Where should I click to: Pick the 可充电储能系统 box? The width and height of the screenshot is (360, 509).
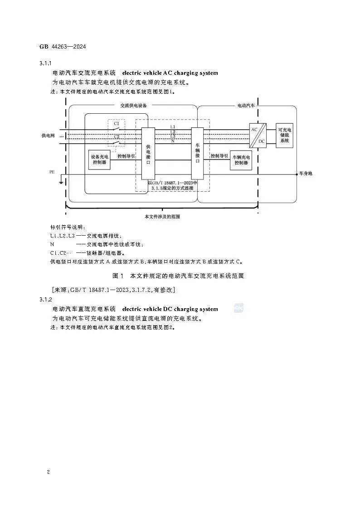(x=284, y=136)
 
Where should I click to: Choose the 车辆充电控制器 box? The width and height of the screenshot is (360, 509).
(x=241, y=160)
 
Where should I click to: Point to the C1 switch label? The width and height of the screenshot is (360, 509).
(x=117, y=123)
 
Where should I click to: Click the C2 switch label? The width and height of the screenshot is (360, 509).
(x=117, y=136)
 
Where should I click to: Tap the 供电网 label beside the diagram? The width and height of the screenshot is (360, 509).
(x=47, y=136)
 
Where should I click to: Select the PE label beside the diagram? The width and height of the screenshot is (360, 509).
(x=52, y=172)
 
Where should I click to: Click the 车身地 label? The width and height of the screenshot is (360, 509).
(x=306, y=174)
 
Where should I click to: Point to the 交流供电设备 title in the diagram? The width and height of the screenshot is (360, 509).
(x=133, y=105)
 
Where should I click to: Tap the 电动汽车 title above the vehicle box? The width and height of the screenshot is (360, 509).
(x=246, y=105)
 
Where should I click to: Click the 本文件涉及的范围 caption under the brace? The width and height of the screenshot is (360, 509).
(x=162, y=217)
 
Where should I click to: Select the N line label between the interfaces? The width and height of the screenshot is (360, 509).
(x=172, y=141)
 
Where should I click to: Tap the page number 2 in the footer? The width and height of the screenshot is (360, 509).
(x=48, y=472)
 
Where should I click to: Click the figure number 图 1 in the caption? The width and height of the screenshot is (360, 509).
(x=118, y=276)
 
